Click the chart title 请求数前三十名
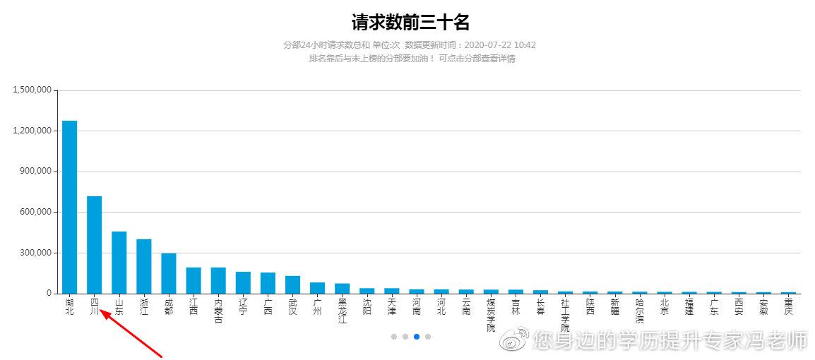410,23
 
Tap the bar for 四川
94,244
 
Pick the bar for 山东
119,262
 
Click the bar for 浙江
143,266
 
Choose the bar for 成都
168,273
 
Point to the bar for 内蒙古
218,280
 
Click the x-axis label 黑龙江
342,311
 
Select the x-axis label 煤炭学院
491,315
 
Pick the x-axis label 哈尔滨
639,311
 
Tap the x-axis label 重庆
788,306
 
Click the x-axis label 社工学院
565,315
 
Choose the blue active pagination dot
417,337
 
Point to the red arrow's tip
101,311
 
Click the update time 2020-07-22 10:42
500,45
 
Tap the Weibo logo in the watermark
514,340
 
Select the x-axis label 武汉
292,306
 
